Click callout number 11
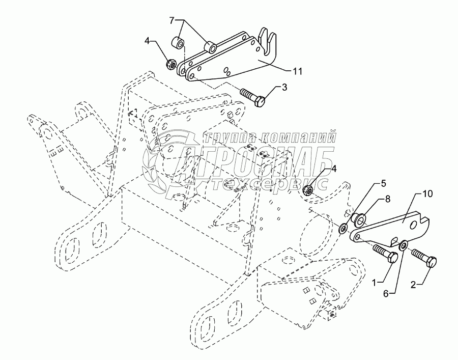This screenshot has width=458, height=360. click(x=297, y=71)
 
